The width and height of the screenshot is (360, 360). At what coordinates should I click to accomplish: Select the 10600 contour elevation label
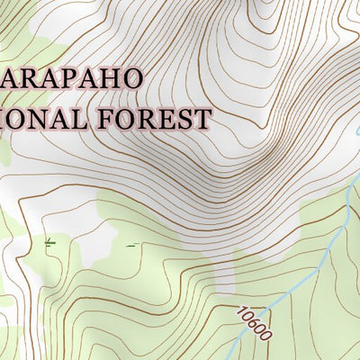click(x=255, y=325)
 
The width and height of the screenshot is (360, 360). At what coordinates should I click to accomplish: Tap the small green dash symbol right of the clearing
click(x=131, y=244)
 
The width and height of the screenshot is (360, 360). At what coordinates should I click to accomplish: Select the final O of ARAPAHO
click(x=131, y=77)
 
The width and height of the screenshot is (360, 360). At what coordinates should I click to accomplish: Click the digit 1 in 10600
click(x=241, y=311)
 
